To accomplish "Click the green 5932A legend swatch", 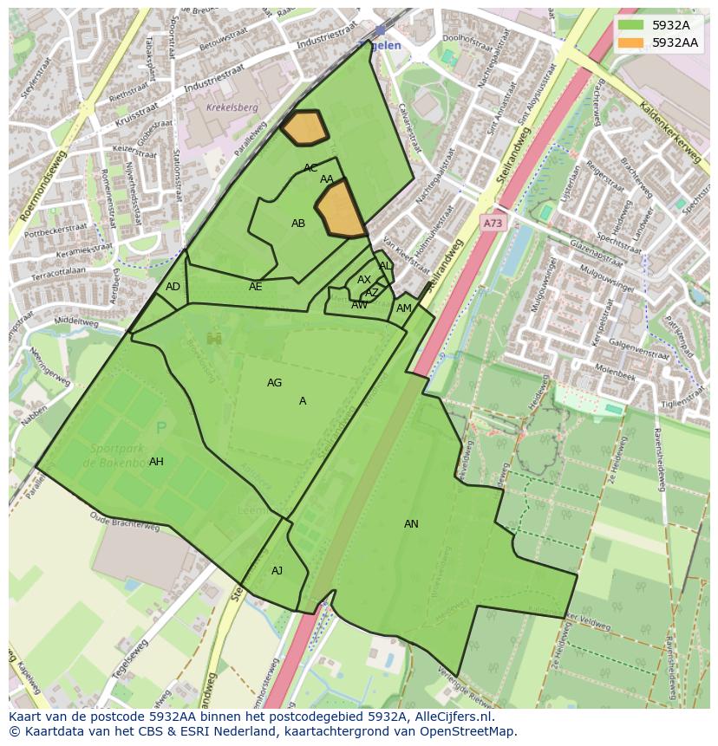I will tap(631, 25).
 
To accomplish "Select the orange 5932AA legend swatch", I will tap(631, 42).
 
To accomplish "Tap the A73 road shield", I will tap(493, 224).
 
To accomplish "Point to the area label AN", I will tap(411, 524).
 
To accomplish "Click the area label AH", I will tap(156, 462).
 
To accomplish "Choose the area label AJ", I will tap(277, 571).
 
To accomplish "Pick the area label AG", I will tap(274, 383).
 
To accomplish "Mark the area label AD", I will tap(173, 287).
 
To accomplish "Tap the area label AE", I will tap(255, 287).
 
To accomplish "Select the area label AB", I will tap(297, 224).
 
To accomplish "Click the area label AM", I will tap(403, 308).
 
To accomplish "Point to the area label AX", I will tap(363, 280).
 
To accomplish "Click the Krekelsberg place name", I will tap(232, 108).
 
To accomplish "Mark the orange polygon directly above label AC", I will tap(304, 127).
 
